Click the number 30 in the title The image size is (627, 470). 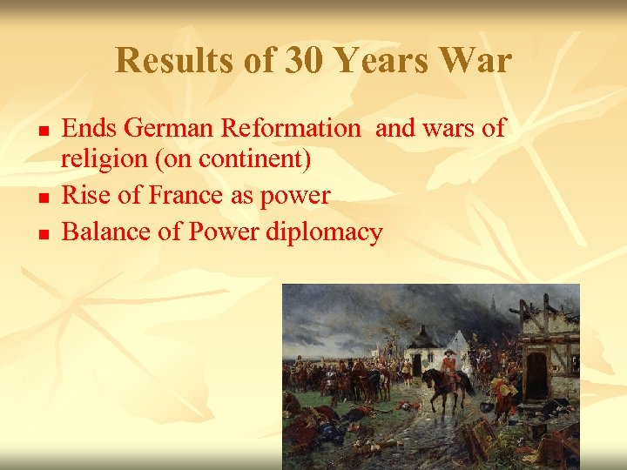pos(301,61)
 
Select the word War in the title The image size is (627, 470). pos(477,61)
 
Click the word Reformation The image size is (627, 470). pos(290,129)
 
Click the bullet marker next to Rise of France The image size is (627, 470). pos(43,198)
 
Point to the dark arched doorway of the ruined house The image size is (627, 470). pos(536,373)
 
